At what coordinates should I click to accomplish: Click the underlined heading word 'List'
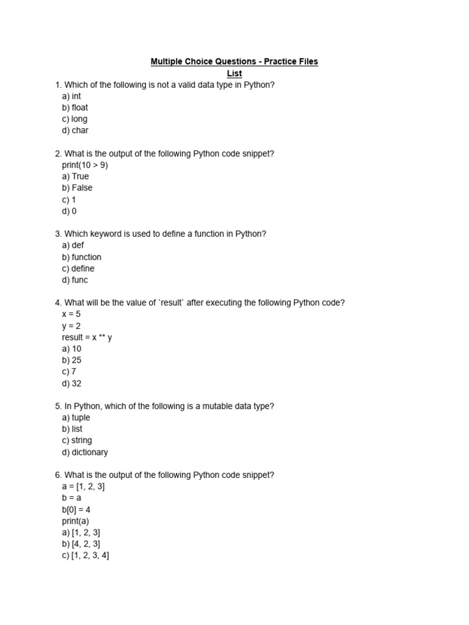click(234, 73)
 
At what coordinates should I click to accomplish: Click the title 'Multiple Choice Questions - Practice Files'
click(234, 62)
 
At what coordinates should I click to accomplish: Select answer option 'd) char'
click(75, 131)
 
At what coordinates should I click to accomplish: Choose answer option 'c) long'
click(75, 119)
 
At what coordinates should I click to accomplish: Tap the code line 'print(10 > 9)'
click(85, 165)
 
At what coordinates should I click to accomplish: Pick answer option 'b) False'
click(77, 188)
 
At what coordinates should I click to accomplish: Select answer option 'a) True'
click(75, 176)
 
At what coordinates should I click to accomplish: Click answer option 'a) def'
click(73, 245)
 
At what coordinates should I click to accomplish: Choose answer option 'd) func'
click(75, 280)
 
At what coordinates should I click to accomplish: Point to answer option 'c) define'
click(78, 269)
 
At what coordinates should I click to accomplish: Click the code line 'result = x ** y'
click(87, 337)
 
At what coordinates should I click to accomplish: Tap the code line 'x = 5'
click(71, 314)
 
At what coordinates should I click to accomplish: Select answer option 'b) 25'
click(71, 360)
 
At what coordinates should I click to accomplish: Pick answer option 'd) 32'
click(71, 383)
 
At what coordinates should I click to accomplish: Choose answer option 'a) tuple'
click(76, 417)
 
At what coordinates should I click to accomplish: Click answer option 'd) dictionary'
click(85, 452)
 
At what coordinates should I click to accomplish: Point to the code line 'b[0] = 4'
click(76, 510)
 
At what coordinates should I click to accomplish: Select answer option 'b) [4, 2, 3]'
click(81, 544)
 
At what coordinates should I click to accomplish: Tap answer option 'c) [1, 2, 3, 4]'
click(85, 555)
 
